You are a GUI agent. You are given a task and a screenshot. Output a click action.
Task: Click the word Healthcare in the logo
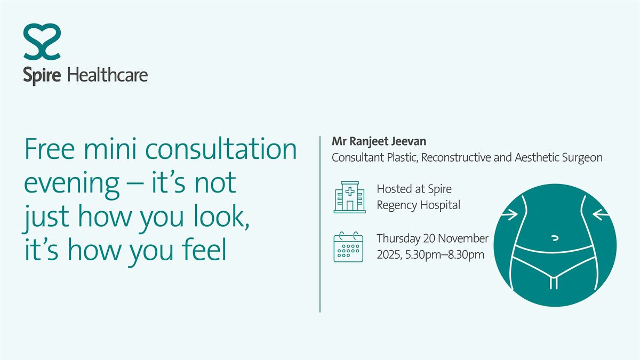pos(107,75)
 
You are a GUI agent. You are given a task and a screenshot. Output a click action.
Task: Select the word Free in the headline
pos(47,150)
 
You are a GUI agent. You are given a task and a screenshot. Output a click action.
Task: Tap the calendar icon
pos(348,247)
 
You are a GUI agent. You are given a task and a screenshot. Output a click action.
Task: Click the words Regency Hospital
pos(418,205)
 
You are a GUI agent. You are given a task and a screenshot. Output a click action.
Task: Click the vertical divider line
pos(320,224)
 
